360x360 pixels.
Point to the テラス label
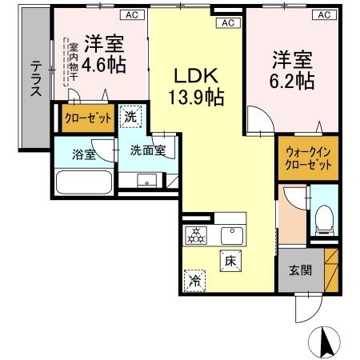[x=36, y=79]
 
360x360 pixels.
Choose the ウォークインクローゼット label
[x=308, y=158]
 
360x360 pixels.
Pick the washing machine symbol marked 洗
[x=130, y=118]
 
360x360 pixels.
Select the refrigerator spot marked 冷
[x=194, y=280]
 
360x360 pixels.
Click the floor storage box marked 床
[x=230, y=260]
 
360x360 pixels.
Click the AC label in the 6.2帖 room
[x=324, y=14]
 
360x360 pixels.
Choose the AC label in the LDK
[x=228, y=22]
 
